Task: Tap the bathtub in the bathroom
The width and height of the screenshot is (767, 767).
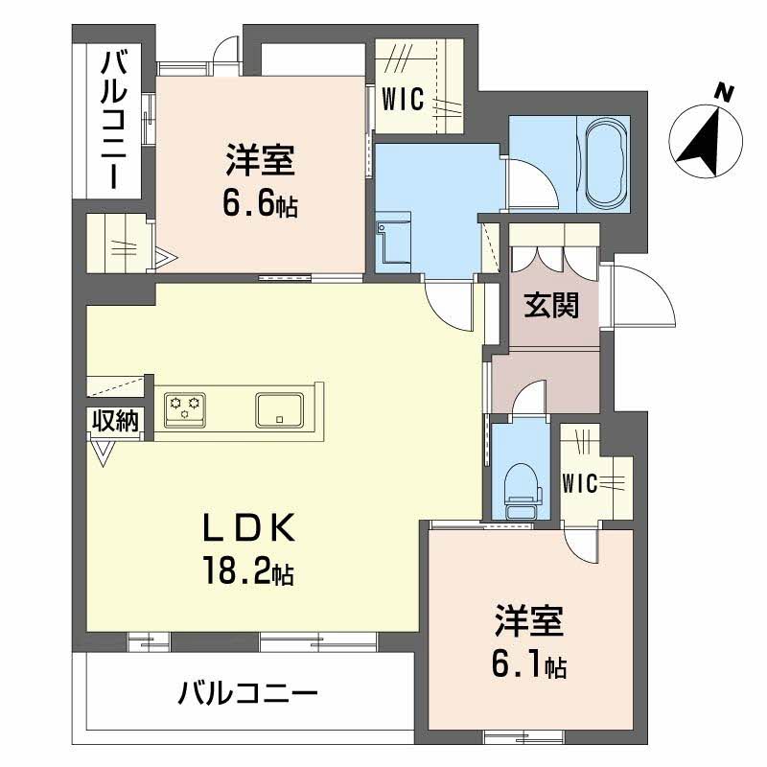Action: pos(603,162)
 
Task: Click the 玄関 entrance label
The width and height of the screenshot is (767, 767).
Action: pos(550,306)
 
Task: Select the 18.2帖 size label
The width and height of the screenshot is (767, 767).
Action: pos(247,572)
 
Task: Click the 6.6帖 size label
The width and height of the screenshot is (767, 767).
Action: pos(260,202)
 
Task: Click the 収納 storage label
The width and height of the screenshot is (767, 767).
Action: pos(116,420)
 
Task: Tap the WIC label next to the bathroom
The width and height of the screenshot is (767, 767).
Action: pos(404,99)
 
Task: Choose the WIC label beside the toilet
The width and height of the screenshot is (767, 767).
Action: pos(581,483)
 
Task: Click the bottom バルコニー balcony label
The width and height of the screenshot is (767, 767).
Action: pos(247,693)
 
